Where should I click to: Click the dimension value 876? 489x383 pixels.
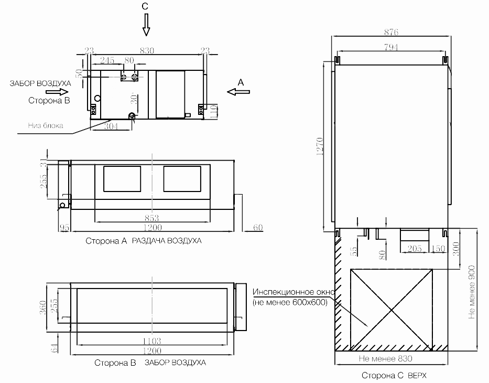tap(391, 32)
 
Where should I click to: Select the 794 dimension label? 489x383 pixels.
tap(391, 47)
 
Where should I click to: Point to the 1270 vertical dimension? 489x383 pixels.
tap(320, 147)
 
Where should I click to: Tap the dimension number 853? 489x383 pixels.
tap(152, 218)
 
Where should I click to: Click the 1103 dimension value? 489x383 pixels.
tap(152, 341)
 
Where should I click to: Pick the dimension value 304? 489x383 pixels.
tap(111, 126)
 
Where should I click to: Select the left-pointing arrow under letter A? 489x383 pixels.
tap(238, 92)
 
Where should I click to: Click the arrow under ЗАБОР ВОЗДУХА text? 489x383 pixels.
tap(57, 92)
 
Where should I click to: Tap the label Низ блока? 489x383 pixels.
tap(46, 125)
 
